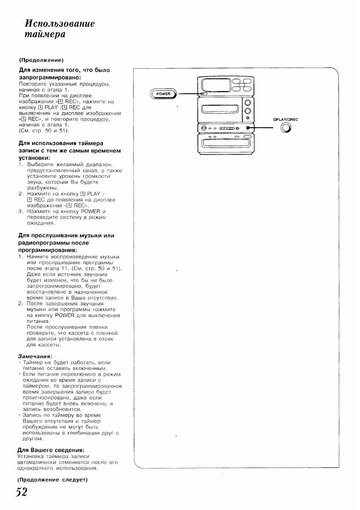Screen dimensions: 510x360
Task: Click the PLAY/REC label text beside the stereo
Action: coord(286,120)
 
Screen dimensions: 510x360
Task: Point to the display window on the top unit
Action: coord(215,85)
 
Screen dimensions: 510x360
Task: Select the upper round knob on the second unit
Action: coord(248,103)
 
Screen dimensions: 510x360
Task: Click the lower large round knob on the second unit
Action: coord(248,111)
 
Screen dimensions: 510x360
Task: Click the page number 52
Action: coord(22,493)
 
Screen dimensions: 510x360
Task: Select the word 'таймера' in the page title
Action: coord(45,34)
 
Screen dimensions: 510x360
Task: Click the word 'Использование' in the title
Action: coord(60,23)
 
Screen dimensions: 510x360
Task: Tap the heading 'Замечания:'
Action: coord(35,356)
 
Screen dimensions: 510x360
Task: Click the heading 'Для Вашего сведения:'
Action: coord(51,450)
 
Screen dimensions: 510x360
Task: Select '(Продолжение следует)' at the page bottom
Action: coord(52,479)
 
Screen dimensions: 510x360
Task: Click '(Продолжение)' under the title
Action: coord(41,60)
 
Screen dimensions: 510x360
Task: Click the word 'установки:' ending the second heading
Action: coord(35,158)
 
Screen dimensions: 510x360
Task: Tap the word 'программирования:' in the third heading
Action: coord(48,250)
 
